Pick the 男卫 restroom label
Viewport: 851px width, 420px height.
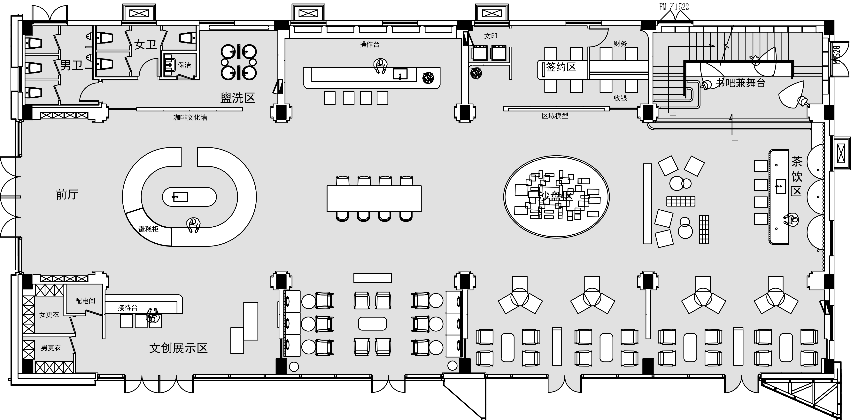(x=71, y=65)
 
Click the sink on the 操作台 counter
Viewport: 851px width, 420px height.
(x=400, y=74)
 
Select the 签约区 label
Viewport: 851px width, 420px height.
(x=561, y=67)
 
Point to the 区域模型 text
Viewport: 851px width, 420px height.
(x=555, y=116)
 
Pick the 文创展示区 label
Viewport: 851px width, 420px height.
(x=178, y=348)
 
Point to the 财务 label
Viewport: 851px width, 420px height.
(x=620, y=43)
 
